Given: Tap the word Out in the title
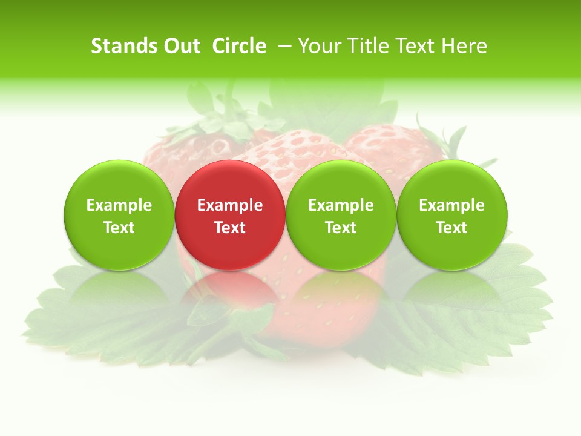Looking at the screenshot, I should coord(180,46).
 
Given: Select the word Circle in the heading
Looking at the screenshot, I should coord(239,46).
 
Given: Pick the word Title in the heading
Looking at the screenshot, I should coord(369,46).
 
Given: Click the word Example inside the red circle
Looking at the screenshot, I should coord(230,205).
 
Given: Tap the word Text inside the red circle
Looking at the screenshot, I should coord(230,228).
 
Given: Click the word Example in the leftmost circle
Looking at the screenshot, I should coord(119,205).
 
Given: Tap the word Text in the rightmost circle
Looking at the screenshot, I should coord(452,228).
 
